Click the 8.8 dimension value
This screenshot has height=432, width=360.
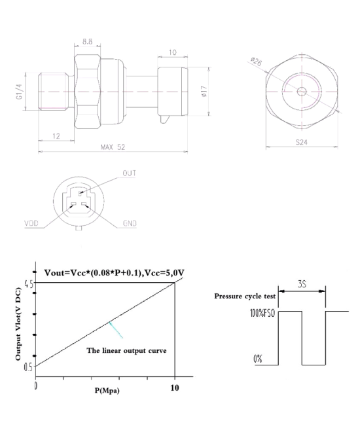pos(86,42)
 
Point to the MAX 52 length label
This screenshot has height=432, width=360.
pos(112,147)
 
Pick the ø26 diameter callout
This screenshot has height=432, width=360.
pos(256,63)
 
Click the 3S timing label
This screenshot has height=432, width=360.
pos(301,285)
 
